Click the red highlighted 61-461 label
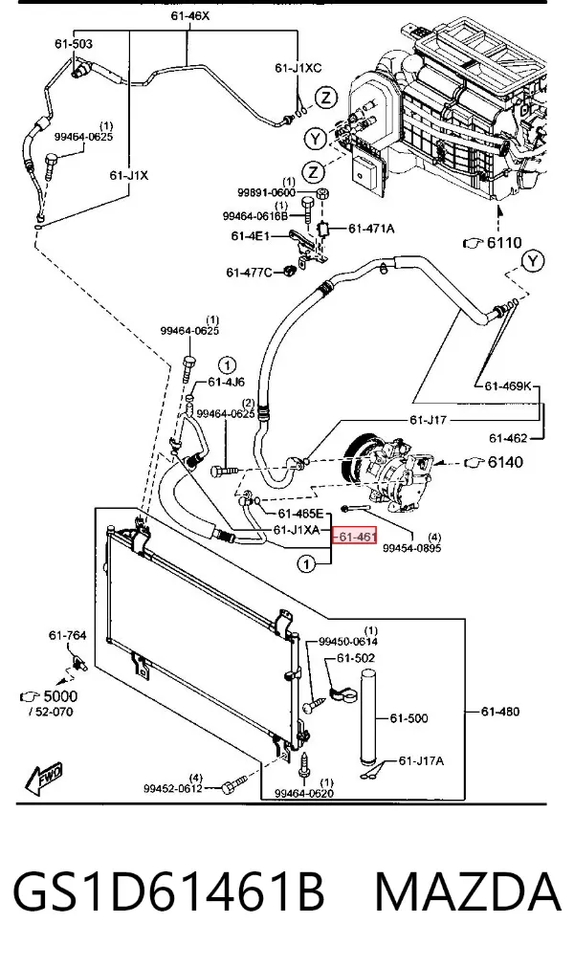tap(355, 537)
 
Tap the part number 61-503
tap(74, 44)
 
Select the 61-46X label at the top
tap(189, 15)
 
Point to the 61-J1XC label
tap(298, 68)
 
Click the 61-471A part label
tap(371, 229)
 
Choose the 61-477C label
tap(249, 272)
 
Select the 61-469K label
tap(507, 386)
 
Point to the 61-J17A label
tap(421, 760)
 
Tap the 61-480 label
tap(500, 712)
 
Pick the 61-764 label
tap(68, 635)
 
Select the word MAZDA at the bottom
tap(468, 891)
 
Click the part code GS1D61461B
tap(168, 891)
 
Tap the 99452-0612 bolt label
tap(172, 788)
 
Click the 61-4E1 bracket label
tap(251, 235)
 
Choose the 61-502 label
tap(356, 658)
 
